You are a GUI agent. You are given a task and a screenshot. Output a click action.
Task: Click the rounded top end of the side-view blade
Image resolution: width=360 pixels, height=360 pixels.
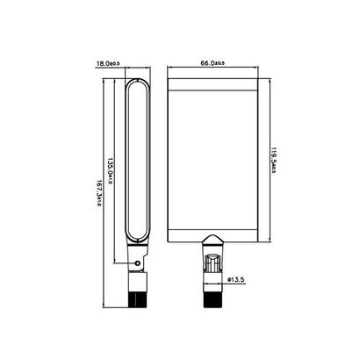click(139, 82)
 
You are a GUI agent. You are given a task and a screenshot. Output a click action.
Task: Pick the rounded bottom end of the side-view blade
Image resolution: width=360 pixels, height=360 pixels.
click(139, 236)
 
